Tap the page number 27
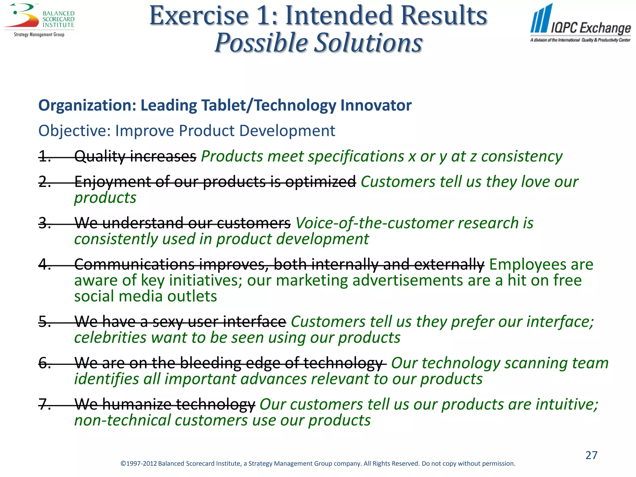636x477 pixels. pos(591,455)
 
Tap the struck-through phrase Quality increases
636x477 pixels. pos(135,156)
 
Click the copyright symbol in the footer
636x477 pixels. pos(123,464)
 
